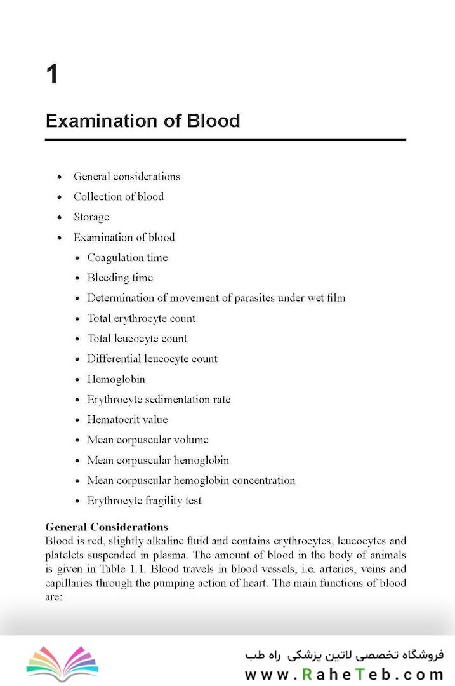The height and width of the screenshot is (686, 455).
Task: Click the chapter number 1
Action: (52, 75)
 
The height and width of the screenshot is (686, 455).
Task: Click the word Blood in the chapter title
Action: (213, 121)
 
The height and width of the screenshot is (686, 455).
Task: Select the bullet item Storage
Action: (91, 217)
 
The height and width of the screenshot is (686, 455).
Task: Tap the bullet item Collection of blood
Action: (119, 197)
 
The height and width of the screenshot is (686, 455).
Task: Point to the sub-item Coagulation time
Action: (128, 258)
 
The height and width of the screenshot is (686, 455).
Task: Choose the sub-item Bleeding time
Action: (120, 278)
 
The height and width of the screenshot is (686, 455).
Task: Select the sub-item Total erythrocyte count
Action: (142, 318)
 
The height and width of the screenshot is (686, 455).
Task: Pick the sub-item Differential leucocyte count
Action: (152, 359)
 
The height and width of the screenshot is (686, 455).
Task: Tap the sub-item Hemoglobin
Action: (116, 379)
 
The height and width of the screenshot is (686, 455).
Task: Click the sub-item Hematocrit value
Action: (128, 420)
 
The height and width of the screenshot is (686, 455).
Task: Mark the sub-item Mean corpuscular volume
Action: (148, 440)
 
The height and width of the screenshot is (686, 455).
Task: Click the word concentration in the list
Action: (263, 481)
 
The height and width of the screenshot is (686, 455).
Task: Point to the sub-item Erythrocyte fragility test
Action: (145, 501)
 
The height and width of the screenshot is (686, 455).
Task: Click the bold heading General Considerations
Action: (107, 527)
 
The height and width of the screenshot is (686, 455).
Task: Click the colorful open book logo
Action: (62, 663)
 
